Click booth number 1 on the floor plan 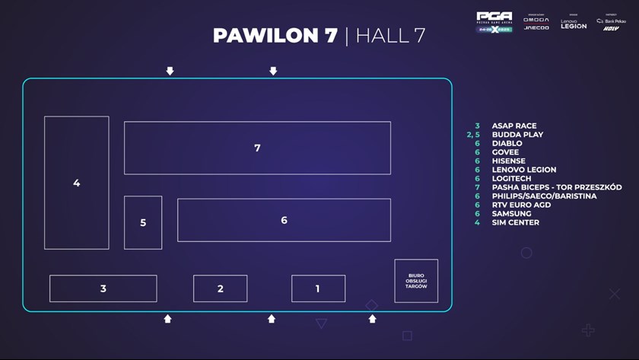point(318,288)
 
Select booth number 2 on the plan point(220,288)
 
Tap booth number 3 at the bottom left point(103,288)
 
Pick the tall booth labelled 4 point(76,183)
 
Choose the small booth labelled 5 point(143,222)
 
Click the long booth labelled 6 point(284,220)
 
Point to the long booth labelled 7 point(257,148)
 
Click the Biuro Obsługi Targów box point(416,281)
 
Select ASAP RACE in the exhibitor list point(513,126)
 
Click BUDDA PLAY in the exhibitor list point(517,135)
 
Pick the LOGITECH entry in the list point(511,178)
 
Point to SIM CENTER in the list point(515,222)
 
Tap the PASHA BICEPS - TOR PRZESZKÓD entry point(556,187)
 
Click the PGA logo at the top point(494,21)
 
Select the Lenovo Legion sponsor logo point(574,24)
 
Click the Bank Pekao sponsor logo point(612,21)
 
